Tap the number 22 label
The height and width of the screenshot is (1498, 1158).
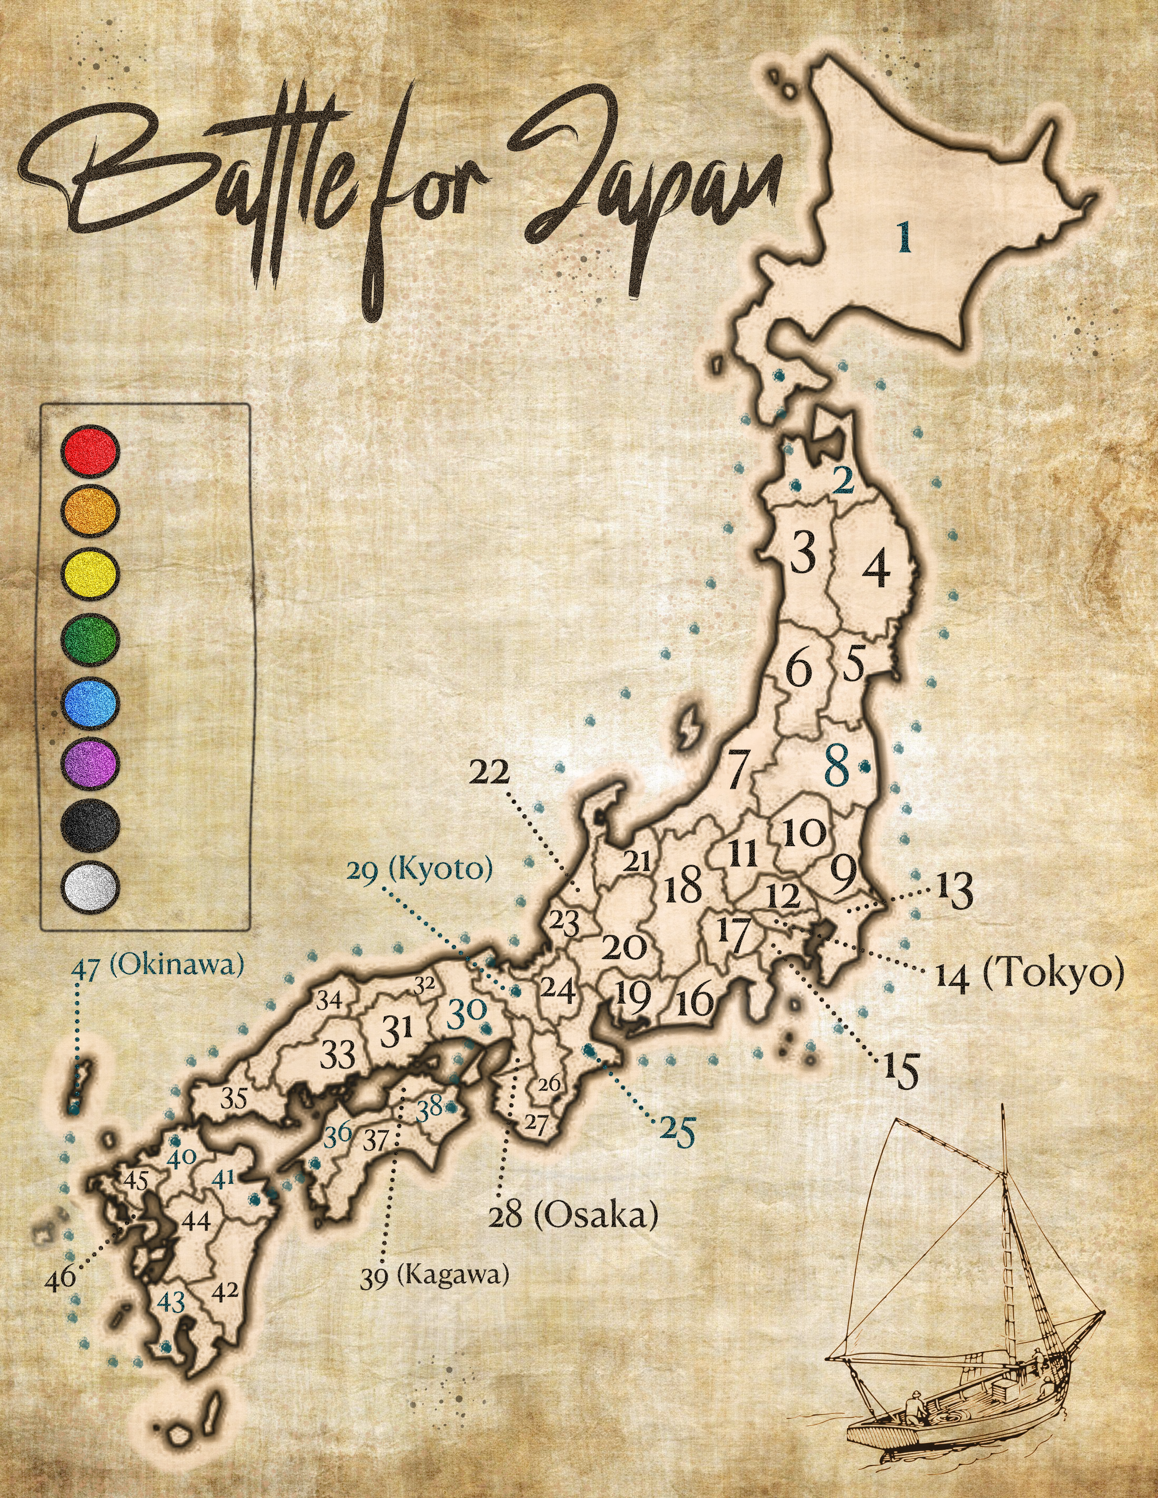click(490, 773)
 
